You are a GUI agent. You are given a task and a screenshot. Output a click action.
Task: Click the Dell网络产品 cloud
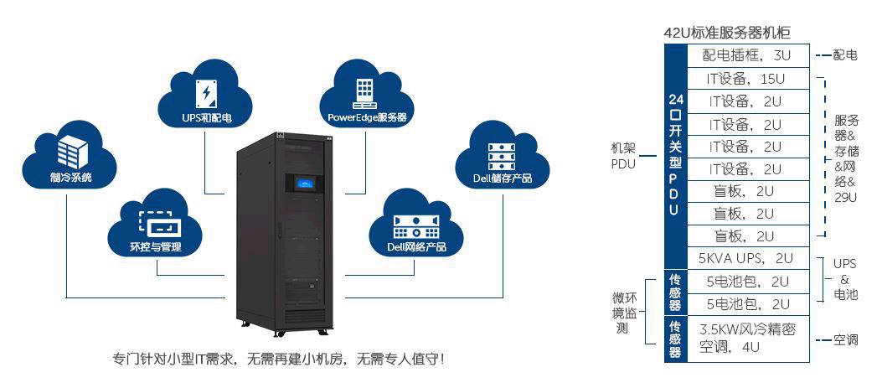pyautogui.click(x=416, y=225)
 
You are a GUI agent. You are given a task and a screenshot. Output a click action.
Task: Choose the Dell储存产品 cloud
pyautogui.click(x=496, y=157)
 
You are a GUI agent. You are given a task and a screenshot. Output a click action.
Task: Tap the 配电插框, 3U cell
pyautogui.click(x=748, y=55)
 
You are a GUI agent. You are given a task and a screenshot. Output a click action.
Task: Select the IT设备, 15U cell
pyautogui.click(x=748, y=79)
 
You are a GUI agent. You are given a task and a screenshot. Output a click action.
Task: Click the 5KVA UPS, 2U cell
pyautogui.click(x=748, y=258)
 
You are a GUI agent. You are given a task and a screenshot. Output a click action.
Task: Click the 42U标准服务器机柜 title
pyautogui.click(x=727, y=33)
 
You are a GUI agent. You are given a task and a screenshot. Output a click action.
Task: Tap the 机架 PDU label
pyautogui.click(x=623, y=155)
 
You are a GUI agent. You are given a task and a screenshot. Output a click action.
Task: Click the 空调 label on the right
pyautogui.click(x=845, y=339)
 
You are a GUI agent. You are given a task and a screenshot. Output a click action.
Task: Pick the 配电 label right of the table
pyautogui.click(x=845, y=55)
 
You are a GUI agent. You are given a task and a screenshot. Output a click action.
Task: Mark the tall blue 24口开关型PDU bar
pyautogui.click(x=674, y=155)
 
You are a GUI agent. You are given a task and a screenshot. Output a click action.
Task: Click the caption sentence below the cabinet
pyautogui.click(x=278, y=359)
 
